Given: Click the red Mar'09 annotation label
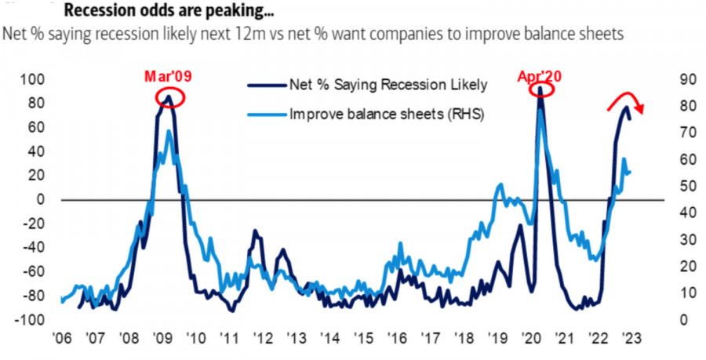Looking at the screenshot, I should click(167, 77).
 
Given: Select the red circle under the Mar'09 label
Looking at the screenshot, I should click(168, 98).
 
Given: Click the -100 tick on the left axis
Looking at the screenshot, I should click(34, 320).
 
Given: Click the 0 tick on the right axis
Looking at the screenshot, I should click(679, 320).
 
